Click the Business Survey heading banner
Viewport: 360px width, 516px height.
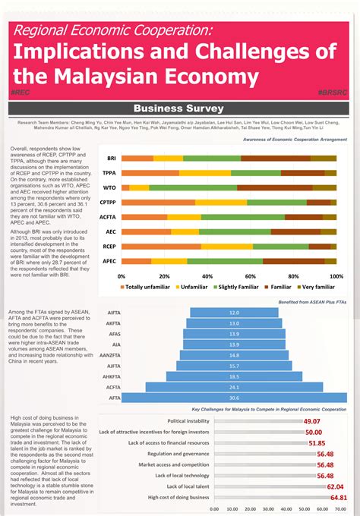tap(179, 108)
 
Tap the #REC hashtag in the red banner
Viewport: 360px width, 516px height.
tap(20, 91)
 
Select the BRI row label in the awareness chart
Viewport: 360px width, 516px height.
tap(111, 158)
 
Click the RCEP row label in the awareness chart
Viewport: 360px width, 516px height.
tap(109, 247)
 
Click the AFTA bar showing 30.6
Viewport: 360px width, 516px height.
tap(234, 398)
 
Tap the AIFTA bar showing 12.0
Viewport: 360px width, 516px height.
tap(234, 313)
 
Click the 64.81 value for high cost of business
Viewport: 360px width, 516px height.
tap(338, 498)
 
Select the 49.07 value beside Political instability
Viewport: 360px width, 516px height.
tap(311, 421)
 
